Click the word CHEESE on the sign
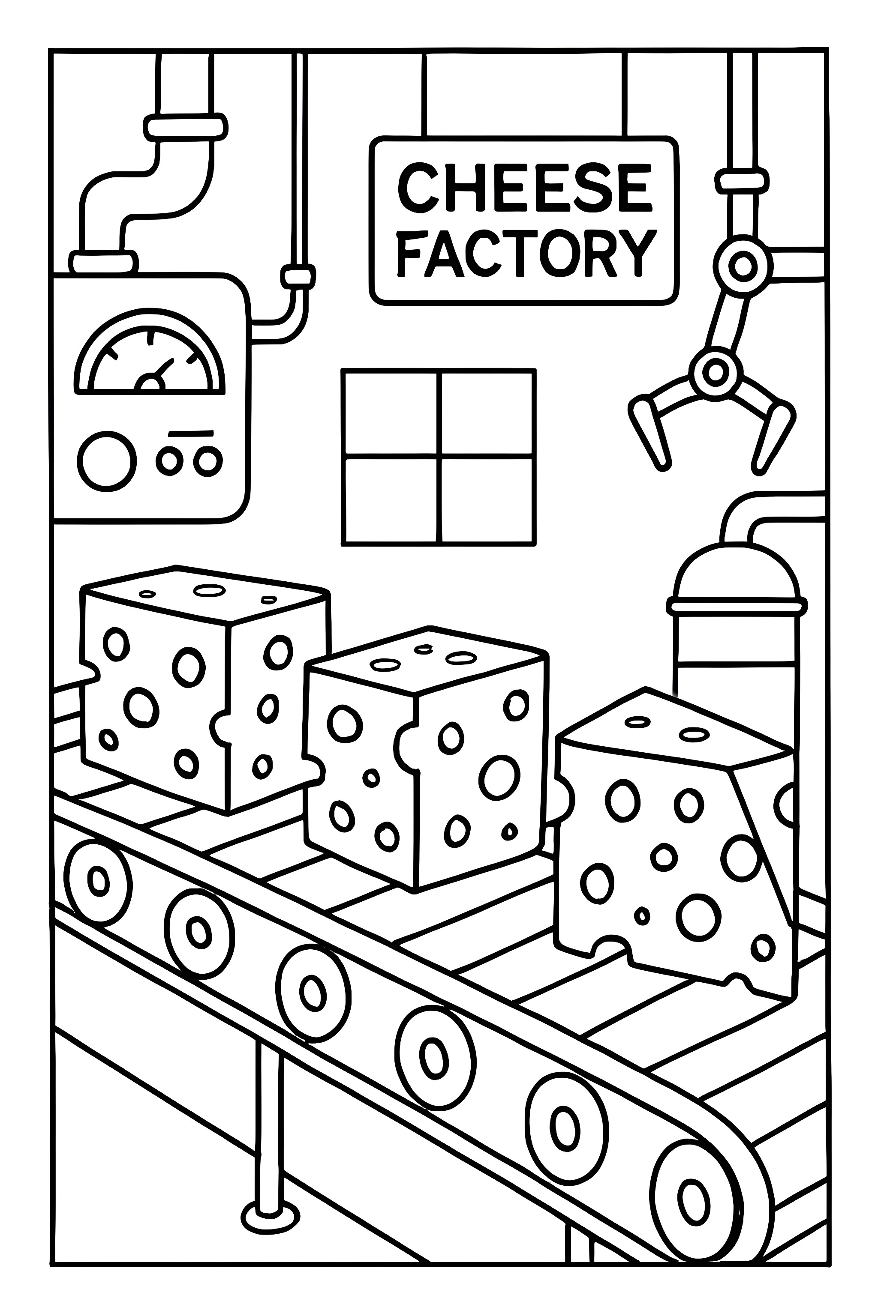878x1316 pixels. click(x=525, y=188)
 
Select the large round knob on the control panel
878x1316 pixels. click(x=107, y=461)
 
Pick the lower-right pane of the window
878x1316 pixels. click(x=486, y=499)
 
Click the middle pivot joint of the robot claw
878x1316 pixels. click(x=715, y=371)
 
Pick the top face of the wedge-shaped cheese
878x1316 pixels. click(x=672, y=727)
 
